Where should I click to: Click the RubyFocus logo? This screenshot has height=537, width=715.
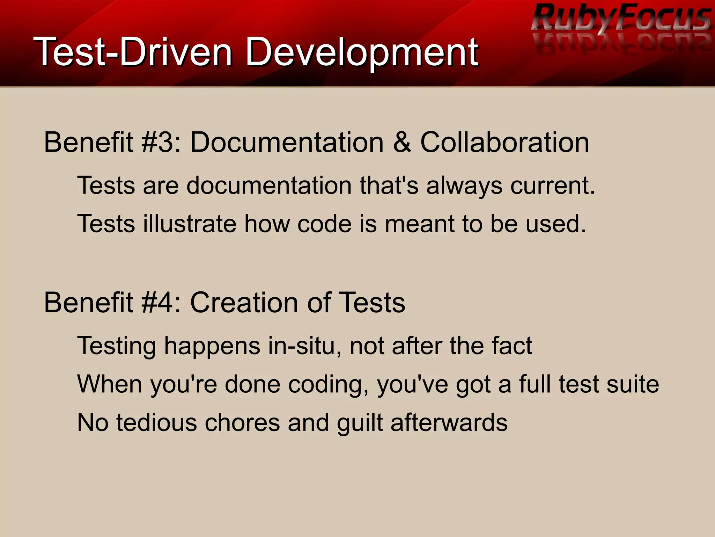coord(621,19)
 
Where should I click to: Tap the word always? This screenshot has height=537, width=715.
coord(464,186)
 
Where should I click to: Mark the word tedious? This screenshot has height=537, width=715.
coord(157,423)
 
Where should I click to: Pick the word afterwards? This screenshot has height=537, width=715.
coord(449,423)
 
